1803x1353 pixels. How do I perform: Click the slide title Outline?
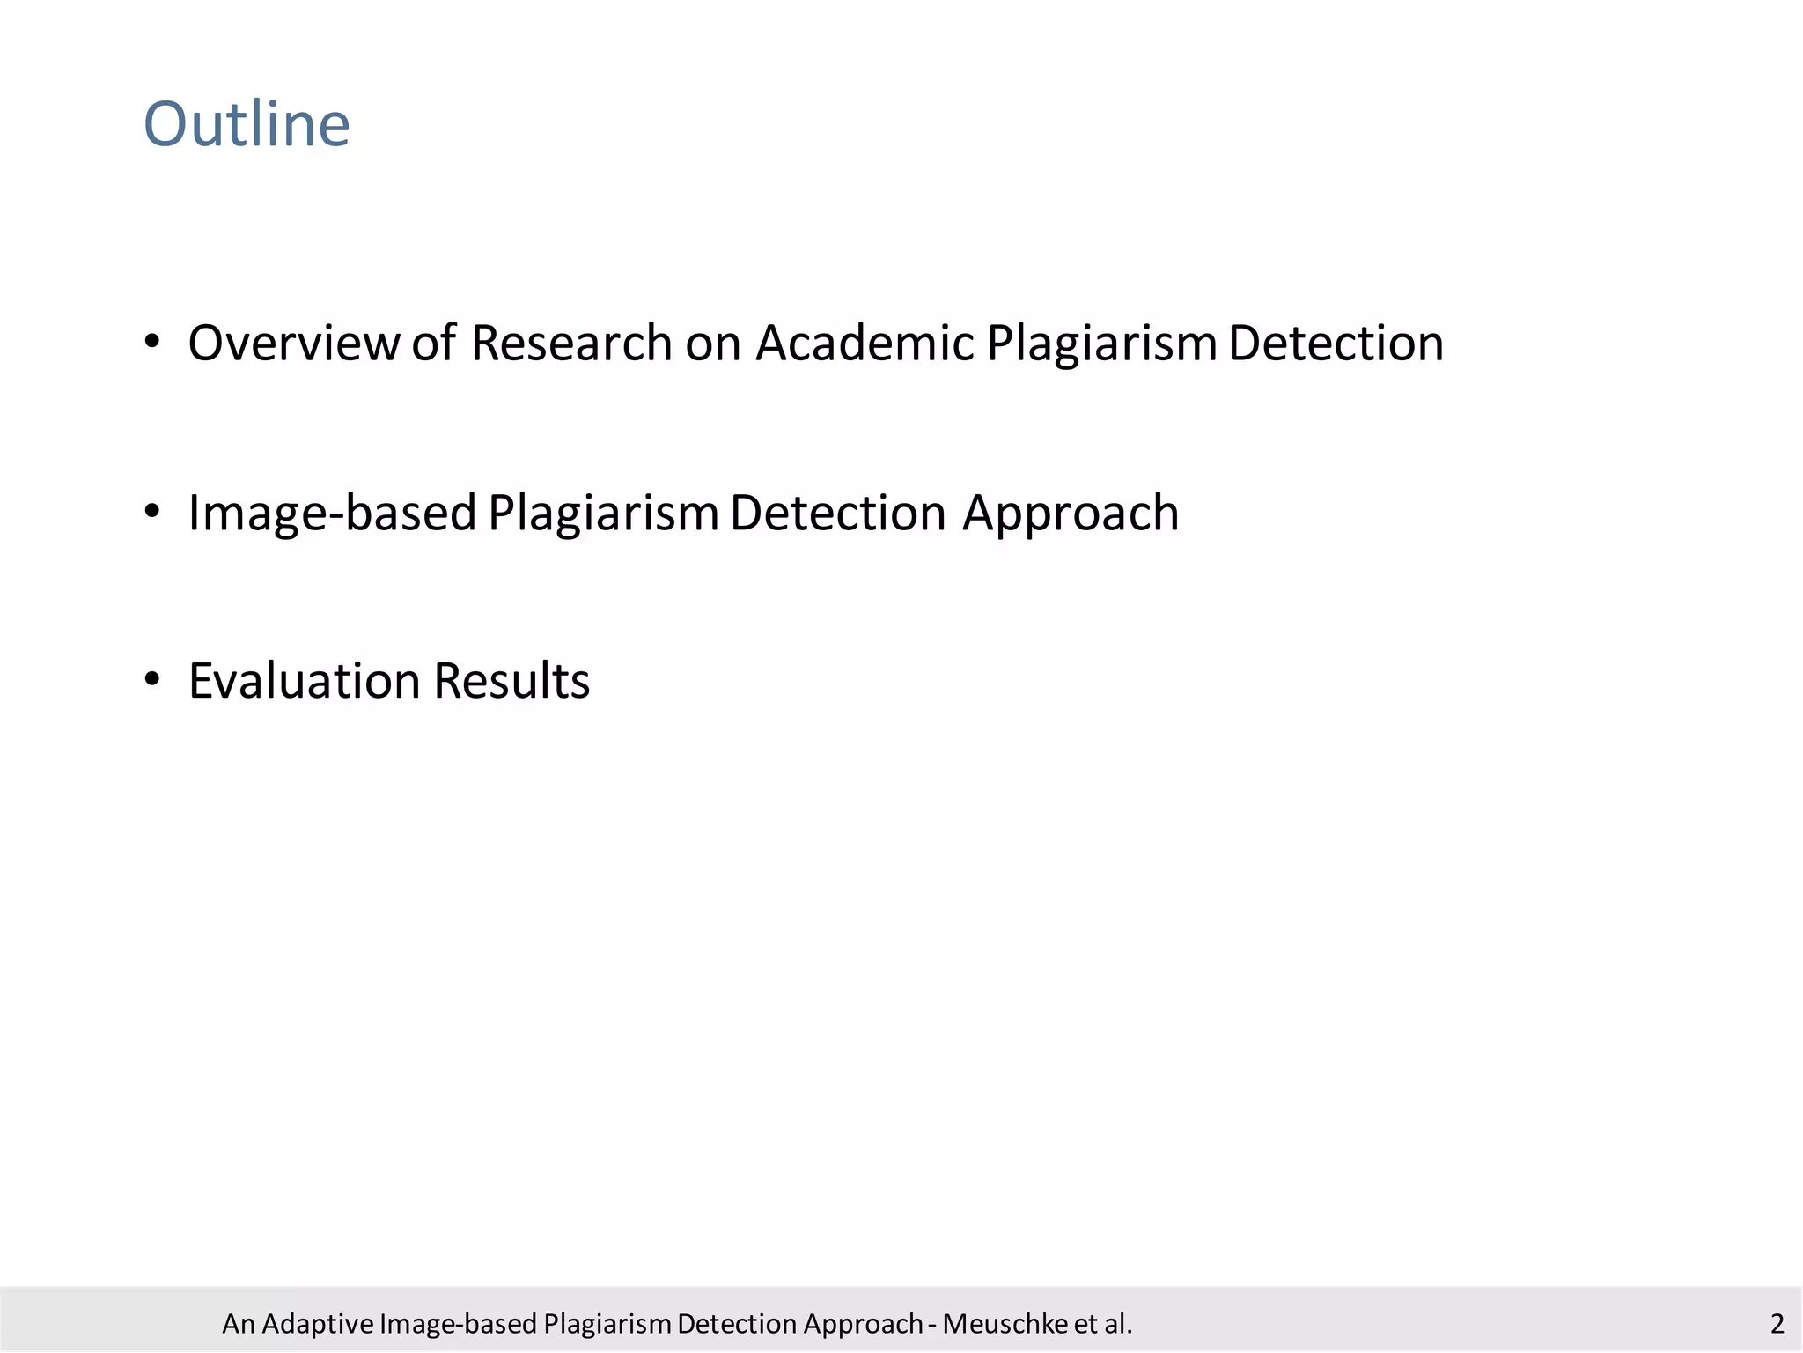[247, 124]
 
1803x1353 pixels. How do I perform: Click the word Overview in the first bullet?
[294, 343]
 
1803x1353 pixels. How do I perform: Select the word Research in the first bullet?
[571, 343]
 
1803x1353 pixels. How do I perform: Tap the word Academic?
[865, 343]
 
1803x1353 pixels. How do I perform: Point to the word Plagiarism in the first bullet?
[1101, 344]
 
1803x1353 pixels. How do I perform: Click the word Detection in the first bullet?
[1336, 343]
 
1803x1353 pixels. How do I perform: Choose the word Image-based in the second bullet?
[332, 514]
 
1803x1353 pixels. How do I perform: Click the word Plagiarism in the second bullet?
[603, 514]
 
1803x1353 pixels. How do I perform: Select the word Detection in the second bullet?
[837, 513]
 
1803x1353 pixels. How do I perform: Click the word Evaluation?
[304, 682]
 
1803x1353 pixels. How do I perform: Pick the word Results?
[511, 682]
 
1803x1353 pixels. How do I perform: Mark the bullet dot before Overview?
[152, 341]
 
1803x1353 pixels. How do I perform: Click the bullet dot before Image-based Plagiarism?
[152, 511]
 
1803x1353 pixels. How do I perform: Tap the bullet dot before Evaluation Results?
[152, 679]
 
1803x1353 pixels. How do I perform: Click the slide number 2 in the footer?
[1777, 1323]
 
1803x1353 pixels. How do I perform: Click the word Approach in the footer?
[863, 1324]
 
